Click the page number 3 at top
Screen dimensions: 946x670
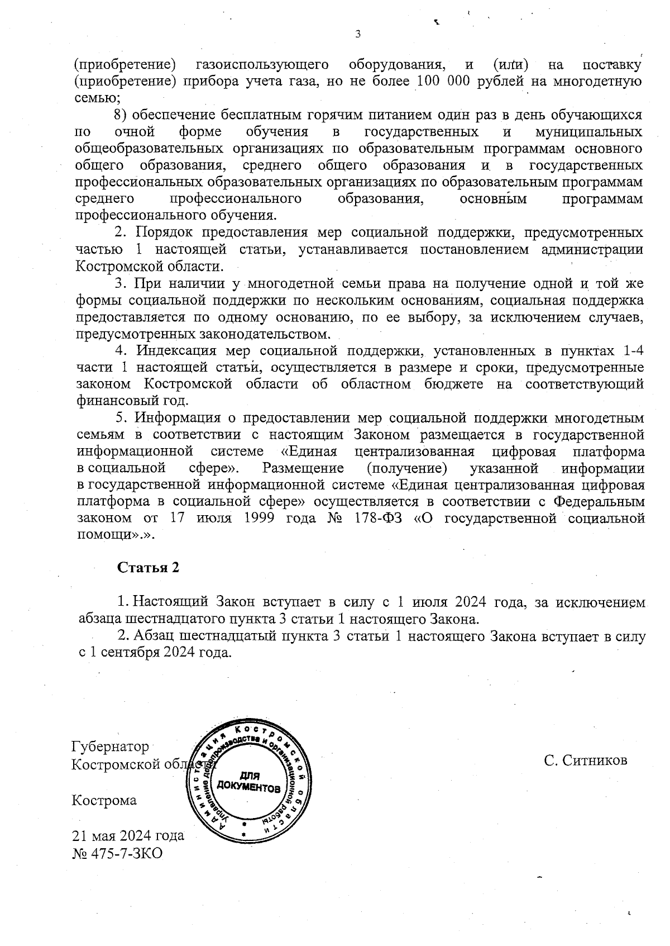358,34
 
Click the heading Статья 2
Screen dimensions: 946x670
148,567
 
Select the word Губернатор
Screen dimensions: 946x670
111,747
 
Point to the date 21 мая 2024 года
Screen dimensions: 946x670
128,836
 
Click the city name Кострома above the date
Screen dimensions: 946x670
104,800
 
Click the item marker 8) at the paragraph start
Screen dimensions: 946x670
121,115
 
